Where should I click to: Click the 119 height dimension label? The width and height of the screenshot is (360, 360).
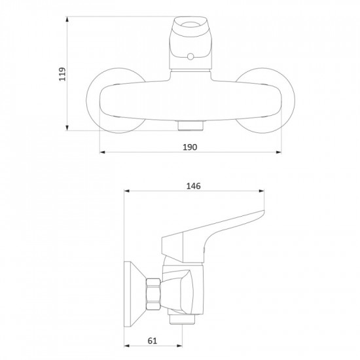point(62,74)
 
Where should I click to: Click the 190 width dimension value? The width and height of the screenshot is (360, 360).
point(190,147)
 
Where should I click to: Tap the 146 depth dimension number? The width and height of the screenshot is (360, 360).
point(193,186)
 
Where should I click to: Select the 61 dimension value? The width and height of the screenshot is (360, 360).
point(153,341)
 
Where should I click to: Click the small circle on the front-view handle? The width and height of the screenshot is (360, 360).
point(190,56)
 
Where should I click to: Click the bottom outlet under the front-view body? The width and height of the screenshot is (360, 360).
point(190,126)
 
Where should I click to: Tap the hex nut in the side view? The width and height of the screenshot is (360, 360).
point(153,294)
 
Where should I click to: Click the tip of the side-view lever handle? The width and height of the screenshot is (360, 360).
point(263,211)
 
